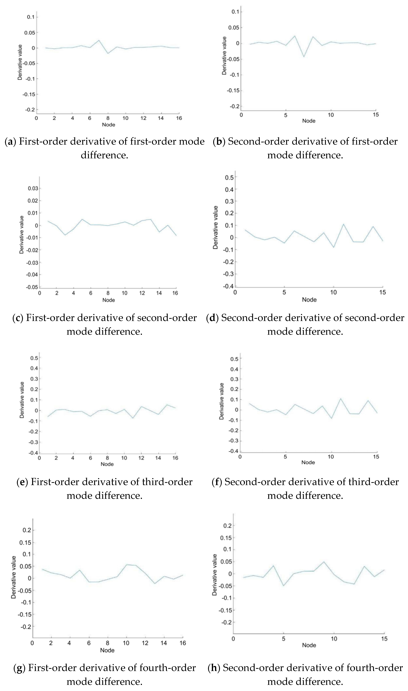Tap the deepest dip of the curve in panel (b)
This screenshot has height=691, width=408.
(304, 57)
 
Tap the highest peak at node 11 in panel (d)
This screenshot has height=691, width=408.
(343, 224)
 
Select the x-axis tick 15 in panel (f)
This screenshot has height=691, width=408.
(376, 457)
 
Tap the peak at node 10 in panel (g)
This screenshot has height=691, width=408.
(127, 565)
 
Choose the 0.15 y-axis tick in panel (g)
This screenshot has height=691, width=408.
(25, 542)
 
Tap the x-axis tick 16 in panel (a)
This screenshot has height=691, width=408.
(179, 118)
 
